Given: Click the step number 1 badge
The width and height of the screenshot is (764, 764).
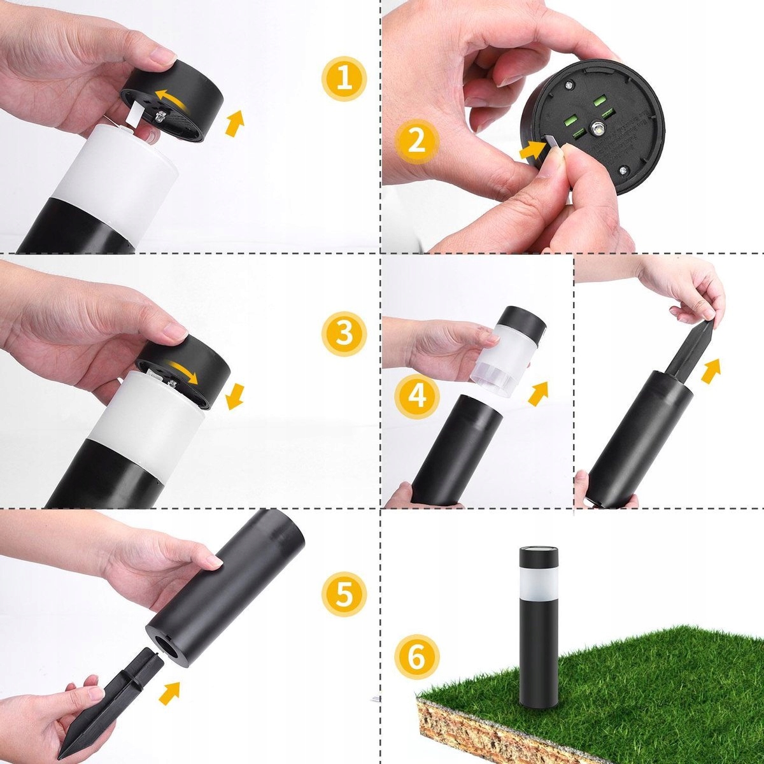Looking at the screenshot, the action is click(x=344, y=78).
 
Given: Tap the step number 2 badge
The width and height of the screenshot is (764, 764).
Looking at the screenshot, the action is click(x=416, y=141).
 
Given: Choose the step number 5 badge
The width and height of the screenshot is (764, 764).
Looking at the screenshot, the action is click(x=344, y=594).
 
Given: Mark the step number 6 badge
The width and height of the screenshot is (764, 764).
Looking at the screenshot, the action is click(x=416, y=657).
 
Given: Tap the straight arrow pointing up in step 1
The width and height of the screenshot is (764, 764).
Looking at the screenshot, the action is click(x=235, y=124).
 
